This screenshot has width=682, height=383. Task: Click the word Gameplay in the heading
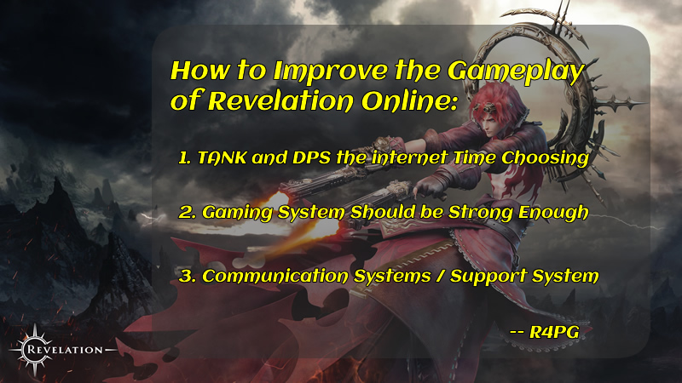click(516, 72)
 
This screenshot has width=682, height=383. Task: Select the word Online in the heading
click(410, 101)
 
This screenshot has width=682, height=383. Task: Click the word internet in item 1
click(410, 157)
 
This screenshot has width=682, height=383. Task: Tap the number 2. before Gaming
click(188, 212)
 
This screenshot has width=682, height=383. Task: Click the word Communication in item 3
click(275, 276)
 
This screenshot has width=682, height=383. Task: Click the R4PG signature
click(545, 332)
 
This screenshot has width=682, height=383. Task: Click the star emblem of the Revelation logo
click(34, 350)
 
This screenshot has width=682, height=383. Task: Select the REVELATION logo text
click(66, 350)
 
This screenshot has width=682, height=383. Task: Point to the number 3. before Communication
click(188, 276)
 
